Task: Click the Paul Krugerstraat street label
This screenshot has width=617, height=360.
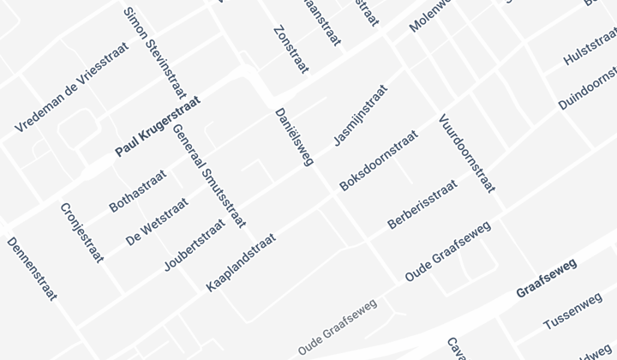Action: [x=158, y=127]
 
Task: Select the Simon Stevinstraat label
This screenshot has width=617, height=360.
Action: [x=155, y=52]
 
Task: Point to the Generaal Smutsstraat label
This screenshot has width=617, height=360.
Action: [x=208, y=177]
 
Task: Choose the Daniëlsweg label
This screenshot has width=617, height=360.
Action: [x=295, y=136]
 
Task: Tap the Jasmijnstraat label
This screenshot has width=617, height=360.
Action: [x=360, y=115]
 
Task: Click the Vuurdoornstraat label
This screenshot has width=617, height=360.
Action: [x=466, y=153]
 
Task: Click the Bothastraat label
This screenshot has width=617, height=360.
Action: [x=138, y=190]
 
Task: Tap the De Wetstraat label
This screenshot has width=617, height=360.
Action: [x=156, y=222]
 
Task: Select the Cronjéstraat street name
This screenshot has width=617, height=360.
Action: [x=81, y=232]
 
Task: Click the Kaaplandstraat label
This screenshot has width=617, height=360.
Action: [x=241, y=262]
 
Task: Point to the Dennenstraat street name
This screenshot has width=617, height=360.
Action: [x=32, y=269]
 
